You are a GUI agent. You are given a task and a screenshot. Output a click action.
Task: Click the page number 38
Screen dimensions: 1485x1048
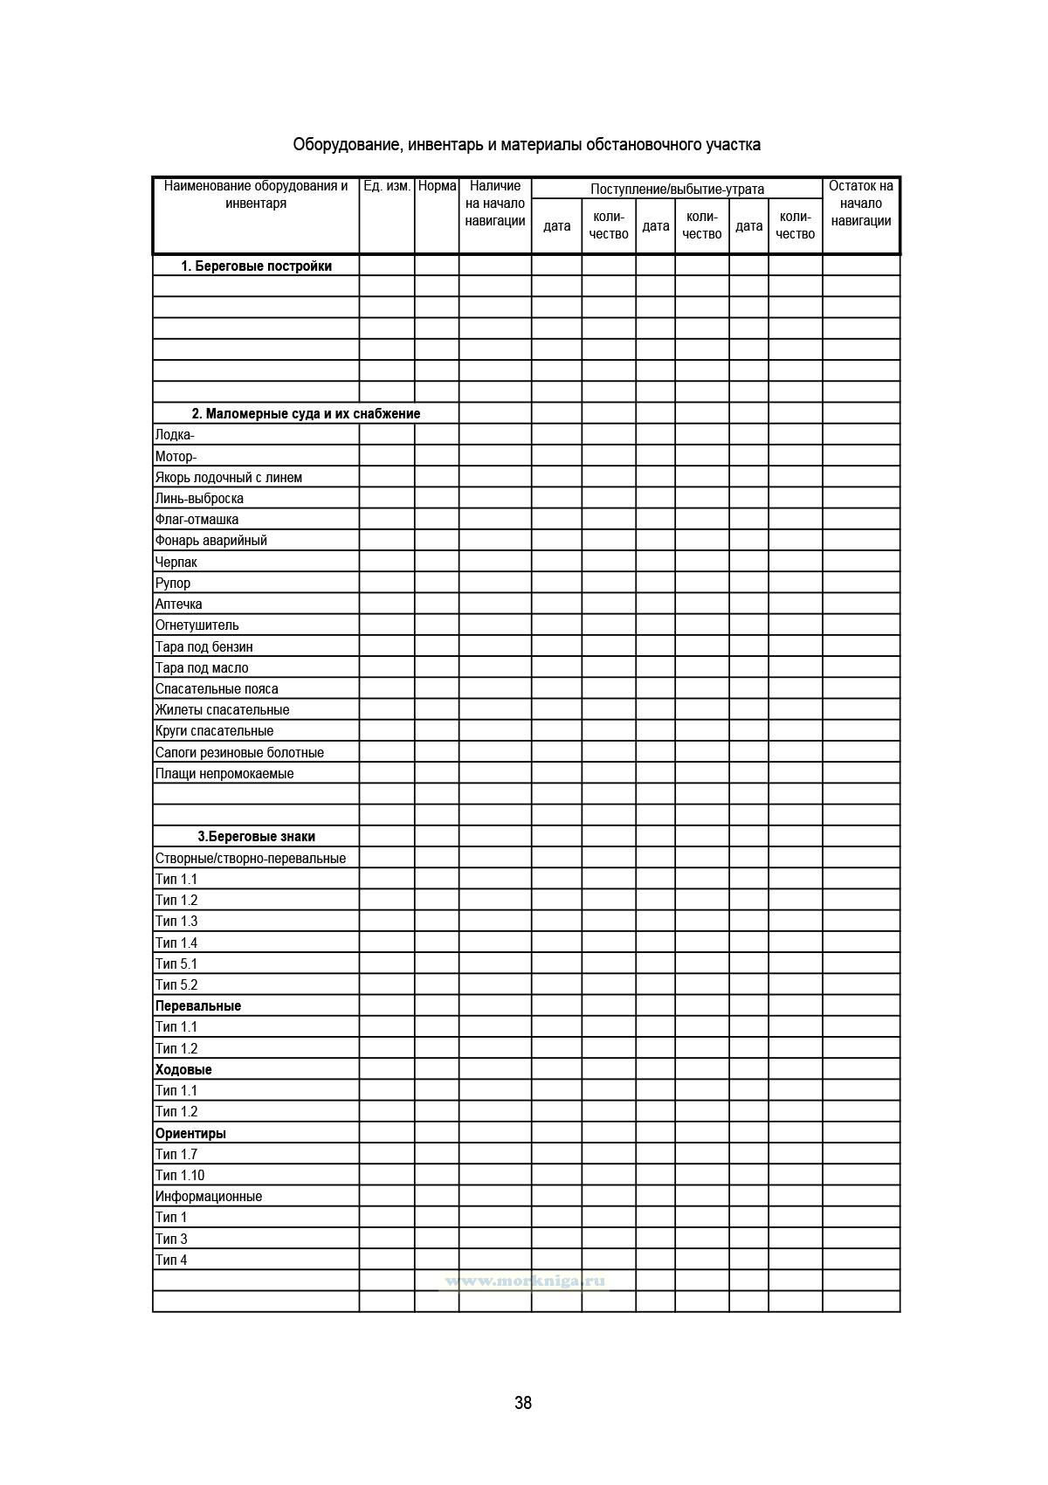click(x=523, y=1403)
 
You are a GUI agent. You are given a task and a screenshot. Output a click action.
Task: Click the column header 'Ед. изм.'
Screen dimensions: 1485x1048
click(x=387, y=186)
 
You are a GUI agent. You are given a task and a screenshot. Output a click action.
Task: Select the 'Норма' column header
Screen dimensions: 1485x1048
click(x=437, y=186)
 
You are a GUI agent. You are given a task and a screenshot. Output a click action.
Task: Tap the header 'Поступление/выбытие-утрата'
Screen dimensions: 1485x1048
click(x=677, y=189)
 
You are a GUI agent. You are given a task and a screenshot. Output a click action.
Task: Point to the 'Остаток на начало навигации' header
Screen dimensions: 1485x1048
click(x=860, y=204)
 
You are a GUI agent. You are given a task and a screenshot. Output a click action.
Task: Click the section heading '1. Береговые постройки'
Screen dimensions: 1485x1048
click(x=256, y=266)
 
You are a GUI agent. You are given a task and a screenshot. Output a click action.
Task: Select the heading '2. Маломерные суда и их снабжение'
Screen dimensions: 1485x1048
click(x=306, y=414)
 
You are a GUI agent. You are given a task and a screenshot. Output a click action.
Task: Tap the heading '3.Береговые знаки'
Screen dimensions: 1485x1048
click(x=256, y=836)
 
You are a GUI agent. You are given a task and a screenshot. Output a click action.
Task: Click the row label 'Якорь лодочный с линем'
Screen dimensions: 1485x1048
click(x=229, y=478)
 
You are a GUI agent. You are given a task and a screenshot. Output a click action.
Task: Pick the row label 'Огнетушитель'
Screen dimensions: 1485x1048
click(x=196, y=625)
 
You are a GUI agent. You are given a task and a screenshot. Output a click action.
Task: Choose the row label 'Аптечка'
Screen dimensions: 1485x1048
click(x=178, y=604)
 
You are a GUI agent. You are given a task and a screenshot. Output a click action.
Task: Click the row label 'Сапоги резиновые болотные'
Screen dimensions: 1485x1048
click(x=239, y=752)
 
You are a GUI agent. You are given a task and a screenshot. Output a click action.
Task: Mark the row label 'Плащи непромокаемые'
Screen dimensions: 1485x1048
click(x=224, y=774)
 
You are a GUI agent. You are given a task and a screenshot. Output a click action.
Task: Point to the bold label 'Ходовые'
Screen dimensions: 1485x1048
click(x=183, y=1070)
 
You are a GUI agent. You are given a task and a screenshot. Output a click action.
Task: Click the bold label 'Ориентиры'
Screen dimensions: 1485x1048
click(x=190, y=1134)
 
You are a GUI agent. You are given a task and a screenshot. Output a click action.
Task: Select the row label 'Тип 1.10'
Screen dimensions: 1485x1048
click(x=180, y=1176)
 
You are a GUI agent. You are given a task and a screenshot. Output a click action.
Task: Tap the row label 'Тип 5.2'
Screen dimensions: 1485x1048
click(x=176, y=985)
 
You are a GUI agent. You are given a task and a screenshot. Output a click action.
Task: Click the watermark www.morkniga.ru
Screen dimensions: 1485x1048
click(x=525, y=1281)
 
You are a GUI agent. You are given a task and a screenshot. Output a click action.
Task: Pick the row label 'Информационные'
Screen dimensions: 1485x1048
click(x=209, y=1197)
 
